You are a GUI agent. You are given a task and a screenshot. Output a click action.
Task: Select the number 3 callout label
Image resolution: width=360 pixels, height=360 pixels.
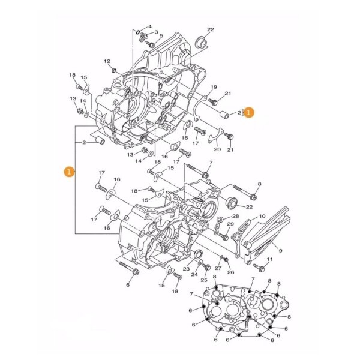pos(156,32)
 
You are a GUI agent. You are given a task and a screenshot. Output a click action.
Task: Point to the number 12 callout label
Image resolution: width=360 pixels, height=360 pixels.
pos(107,61)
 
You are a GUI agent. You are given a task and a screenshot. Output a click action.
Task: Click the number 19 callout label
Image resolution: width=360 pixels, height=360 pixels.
pos(213,88)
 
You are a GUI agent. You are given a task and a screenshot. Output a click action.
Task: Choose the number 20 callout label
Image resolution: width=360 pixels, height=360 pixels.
pos(217,149)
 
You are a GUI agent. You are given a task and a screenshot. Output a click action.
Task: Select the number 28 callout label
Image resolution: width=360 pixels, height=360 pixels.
pos(235,216)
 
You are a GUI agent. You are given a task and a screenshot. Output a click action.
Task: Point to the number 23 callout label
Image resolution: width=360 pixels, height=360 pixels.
pos(186,269)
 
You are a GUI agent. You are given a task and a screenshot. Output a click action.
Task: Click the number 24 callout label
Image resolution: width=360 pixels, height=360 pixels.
pos(195,274)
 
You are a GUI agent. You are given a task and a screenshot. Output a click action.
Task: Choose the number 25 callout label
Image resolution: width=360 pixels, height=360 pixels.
pos(204,280)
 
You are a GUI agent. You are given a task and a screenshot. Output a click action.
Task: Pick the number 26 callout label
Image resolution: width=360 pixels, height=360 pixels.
pos(230,272)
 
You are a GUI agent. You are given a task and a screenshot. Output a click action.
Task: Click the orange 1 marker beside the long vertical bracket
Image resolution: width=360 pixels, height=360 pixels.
pos(70,172)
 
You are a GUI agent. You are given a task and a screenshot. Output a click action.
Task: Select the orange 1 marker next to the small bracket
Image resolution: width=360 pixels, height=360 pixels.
pos(250,112)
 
